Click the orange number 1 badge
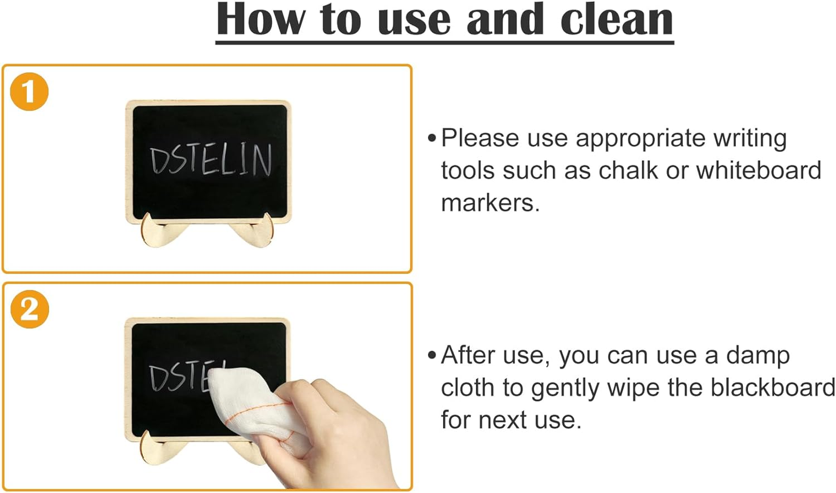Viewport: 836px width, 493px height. click(29, 92)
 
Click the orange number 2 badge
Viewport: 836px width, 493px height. click(30, 310)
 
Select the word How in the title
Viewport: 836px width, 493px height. click(260, 20)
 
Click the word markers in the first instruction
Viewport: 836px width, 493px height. click(489, 203)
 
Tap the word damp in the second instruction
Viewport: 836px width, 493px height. click(757, 356)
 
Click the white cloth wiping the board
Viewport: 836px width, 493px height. click(243, 399)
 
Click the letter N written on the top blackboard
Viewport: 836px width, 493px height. click(262, 160)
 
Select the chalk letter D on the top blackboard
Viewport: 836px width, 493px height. click(158, 161)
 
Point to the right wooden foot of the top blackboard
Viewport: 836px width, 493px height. click(255, 231)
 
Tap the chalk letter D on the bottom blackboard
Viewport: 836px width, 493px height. click(157, 378)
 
